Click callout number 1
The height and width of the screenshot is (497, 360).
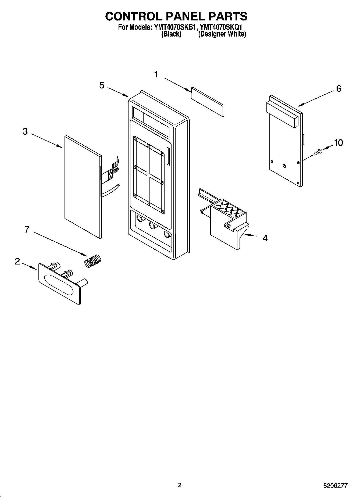pyautogui.click(x=156, y=74)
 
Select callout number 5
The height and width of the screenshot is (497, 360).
pyautogui.click(x=102, y=85)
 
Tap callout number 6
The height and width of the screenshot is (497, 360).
pyautogui.click(x=338, y=88)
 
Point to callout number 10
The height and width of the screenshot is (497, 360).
pyautogui.click(x=338, y=143)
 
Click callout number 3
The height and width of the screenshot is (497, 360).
pyautogui.click(x=25, y=131)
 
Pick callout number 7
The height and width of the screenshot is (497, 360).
pyautogui.click(x=27, y=229)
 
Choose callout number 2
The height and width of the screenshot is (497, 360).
pyautogui.click(x=17, y=261)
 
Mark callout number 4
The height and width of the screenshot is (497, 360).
pyautogui.click(x=265, y=238)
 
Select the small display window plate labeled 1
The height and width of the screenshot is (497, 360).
pyautogui.click(x=207, y=102)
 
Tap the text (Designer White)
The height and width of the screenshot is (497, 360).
pyautogui.click(x=222, y=34)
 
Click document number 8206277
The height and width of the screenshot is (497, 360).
pyautogui.click(x=335, y=486)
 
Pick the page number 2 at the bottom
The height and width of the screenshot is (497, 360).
pyautogui.click(x=180, y=485)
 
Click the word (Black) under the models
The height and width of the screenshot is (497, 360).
pyautogui.click(x=171, y=34)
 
